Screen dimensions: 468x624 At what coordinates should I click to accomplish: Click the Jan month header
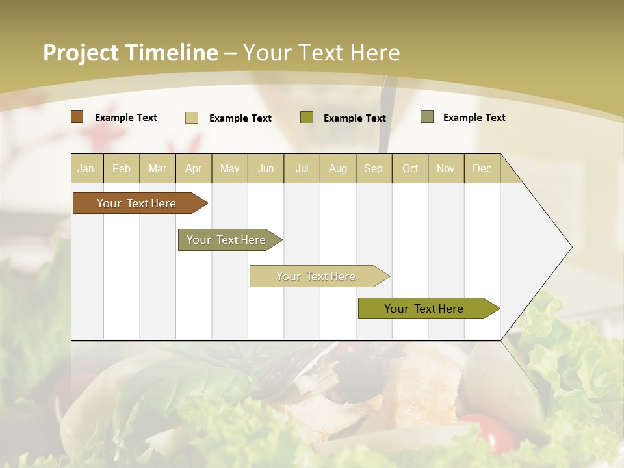tap(86, 168)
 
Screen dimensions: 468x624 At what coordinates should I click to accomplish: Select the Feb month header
tap(122, 168)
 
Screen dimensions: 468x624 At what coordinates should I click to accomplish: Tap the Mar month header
tap(157, 168)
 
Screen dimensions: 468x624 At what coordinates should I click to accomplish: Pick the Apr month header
tap(194, 168)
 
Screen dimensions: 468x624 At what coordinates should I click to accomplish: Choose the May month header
tap(229, 168)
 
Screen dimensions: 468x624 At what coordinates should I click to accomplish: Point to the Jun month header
tap(266, 168)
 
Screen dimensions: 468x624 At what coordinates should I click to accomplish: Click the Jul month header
tap(302, 168)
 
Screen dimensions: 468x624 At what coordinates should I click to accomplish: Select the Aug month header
tap(338, 168)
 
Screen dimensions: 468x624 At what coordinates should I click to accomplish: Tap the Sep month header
tap(374, 168)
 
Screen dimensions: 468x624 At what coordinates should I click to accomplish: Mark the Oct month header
tap(410, 168)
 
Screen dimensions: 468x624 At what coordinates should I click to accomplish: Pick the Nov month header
tap(446, 168)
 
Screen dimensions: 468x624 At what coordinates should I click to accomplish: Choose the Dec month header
tap(482, 168)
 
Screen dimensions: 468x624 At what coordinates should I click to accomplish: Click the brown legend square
tap(77, 117)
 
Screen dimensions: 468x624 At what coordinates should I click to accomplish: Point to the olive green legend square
tap(307, 118)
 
